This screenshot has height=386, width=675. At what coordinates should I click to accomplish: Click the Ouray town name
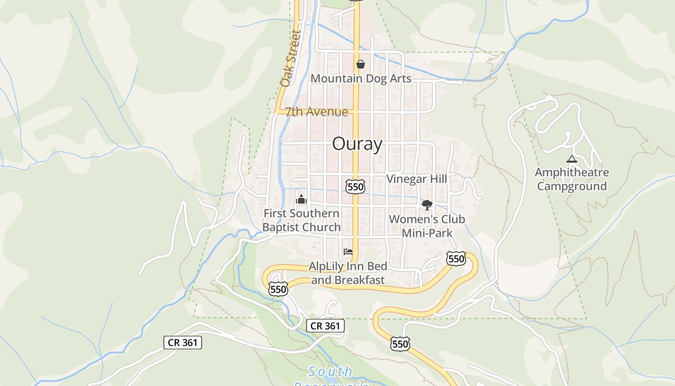tap(357, 144)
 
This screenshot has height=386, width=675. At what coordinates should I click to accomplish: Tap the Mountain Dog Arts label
tap(361, 78)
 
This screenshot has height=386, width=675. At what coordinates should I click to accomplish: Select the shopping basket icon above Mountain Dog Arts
tap(360, 64)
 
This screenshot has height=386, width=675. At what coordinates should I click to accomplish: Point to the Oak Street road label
tap(291, 58)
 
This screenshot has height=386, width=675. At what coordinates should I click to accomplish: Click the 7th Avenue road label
tap(317, 112)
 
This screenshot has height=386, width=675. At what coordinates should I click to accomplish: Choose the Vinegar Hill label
tap(417, 179)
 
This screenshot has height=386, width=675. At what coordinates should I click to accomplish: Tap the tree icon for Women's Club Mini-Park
tap(427, 205)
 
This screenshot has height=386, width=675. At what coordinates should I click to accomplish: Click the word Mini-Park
tap(427, 234)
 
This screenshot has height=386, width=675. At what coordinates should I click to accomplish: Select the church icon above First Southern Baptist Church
tap(301, 199)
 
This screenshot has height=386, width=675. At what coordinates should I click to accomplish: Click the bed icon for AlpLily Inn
tap(348, 252)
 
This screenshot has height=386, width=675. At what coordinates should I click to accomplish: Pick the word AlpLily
tap(329, 266)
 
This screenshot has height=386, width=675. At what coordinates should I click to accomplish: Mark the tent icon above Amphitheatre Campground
tap(572, 159)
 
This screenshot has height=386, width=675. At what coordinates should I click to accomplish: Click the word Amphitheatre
tap(572, 172)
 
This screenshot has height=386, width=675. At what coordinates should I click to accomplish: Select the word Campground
tap(572, 186)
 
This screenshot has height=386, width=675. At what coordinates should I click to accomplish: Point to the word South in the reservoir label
tap(330, 372)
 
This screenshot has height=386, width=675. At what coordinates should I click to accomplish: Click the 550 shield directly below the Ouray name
tap(355, 186)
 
